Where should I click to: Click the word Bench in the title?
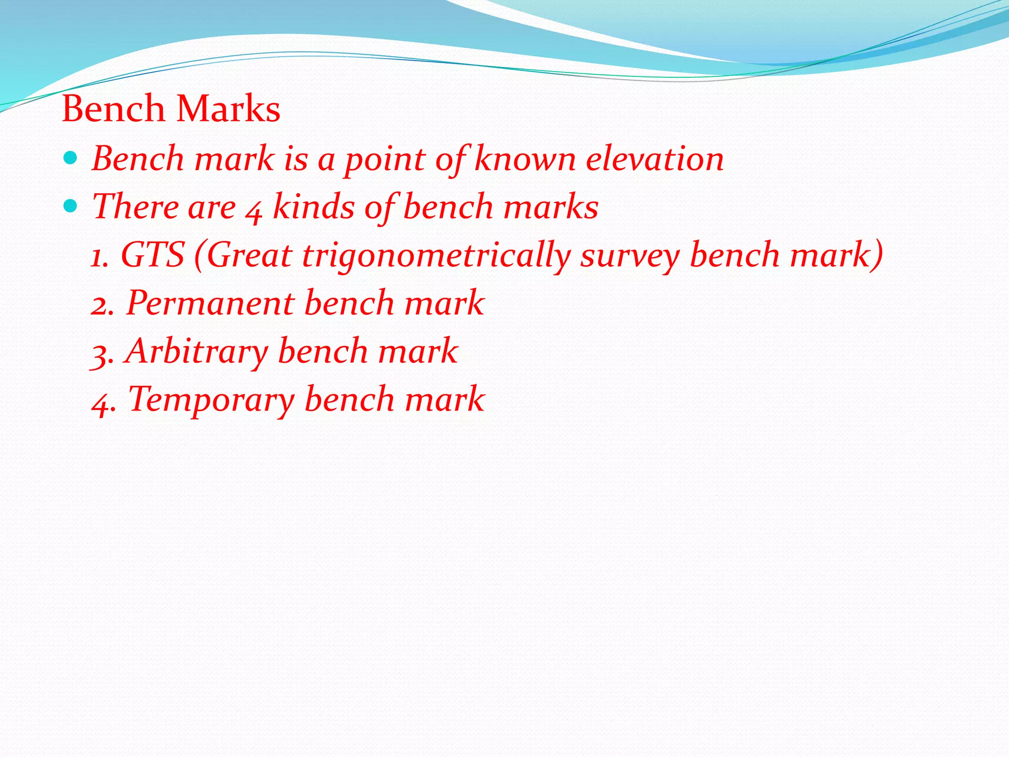113,108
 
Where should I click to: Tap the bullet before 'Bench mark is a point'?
71,158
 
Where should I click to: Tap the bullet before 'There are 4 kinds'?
71,206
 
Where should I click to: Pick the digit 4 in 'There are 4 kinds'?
254,210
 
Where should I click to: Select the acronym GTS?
153,255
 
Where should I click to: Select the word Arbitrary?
197,352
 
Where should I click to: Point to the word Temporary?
211,400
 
